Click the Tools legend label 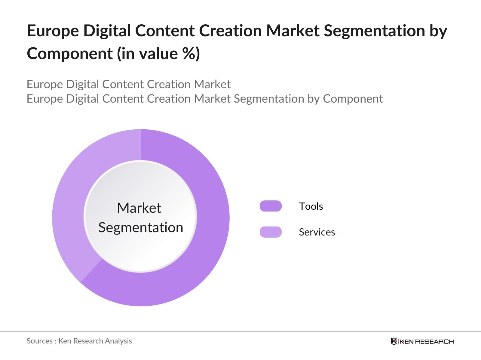[311, 206]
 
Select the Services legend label [317, 232]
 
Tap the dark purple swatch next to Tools [271, 206]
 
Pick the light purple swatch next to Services [271, 232]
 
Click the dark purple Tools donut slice [207, 240]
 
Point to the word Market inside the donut [139, 208]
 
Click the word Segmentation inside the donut [141, 227]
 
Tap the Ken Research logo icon [394, 341]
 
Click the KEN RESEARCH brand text [426, 341]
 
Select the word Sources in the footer [39, 341]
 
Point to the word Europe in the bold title [53, 31]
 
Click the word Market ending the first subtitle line [212, 84]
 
